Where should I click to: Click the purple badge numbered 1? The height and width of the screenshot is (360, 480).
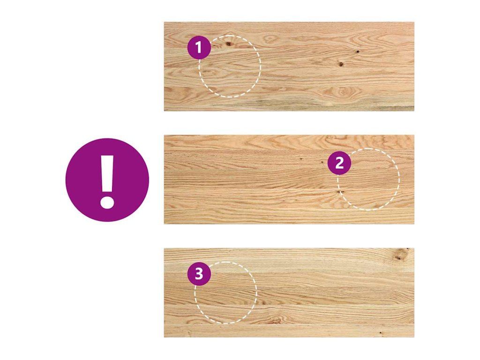pyautogui.click(x=199, y=47)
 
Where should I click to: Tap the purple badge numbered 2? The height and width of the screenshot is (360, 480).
pyautogui.click(x=339, y=163)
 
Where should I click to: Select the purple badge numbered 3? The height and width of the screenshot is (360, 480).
pyautogui.click(x=199, y=274)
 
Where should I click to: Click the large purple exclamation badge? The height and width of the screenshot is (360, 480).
pyautogui.click(x=107, y=180)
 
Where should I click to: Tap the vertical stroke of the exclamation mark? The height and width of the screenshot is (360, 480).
pyautogui.click(x=107, y=173)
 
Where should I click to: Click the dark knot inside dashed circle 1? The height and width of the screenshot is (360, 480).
pyautogui.click(x=228, y=44)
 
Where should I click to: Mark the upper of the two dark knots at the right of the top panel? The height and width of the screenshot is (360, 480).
pyautogui.click(x=357, y=52)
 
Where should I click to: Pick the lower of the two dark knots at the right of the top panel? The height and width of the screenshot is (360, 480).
pyautogui.click(x=341, y=64)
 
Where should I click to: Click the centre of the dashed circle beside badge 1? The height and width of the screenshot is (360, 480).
pyautogui.click(x=230, y=67)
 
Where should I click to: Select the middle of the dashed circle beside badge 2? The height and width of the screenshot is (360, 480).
pyautogui.click(x=368, y=179)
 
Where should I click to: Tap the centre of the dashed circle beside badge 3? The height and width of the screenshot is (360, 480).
pyautogui.click(x=226, y=292)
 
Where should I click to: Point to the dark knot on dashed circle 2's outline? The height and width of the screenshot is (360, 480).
pyautogui.click(x=339, y=192)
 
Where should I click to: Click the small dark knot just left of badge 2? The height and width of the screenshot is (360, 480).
pyautogui.click(x=322, y=163)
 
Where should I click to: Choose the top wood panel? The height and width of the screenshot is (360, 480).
pyautogui.click(x=289, y=67)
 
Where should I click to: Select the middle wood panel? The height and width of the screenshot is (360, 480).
pyautogui.click(x=289, y=180)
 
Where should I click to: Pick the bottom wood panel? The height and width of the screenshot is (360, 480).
pyautogui.click(x=289, y=292)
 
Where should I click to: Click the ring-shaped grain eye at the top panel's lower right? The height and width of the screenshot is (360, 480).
pyautogui.click(x=343, y=91)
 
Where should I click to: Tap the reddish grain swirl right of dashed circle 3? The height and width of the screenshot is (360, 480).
pyautogui.click(x=276, y=321)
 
